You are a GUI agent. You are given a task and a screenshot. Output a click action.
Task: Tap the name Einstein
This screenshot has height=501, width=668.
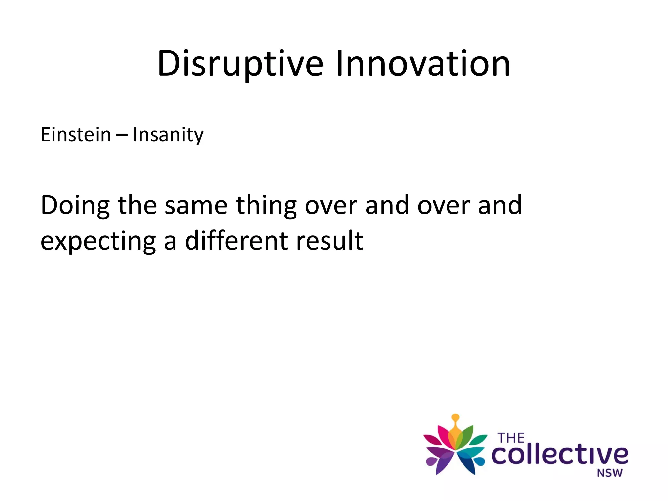76,134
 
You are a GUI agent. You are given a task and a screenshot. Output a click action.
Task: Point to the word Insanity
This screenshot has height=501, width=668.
168,135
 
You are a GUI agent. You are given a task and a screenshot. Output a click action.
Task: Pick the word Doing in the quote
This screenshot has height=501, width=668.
75,205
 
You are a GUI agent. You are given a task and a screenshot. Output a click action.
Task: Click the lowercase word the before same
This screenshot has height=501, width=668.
137,205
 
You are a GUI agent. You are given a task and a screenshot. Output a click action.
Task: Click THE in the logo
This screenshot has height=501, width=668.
511,438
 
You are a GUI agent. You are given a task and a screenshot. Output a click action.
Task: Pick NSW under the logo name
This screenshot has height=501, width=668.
609,473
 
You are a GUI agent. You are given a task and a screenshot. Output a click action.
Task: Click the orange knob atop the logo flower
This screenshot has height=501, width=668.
456,417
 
